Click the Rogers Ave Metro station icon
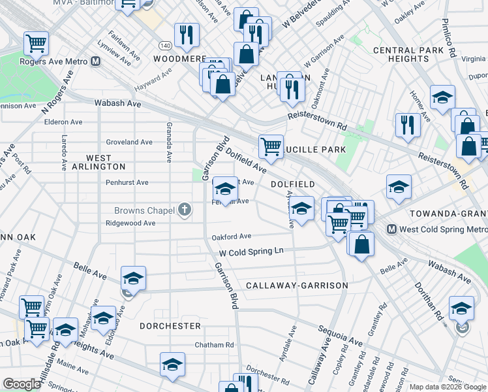coord(96,62)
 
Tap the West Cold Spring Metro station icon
coord(391,229)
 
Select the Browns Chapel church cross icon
coord(185,210)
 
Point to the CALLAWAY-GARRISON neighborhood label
coord(297,286)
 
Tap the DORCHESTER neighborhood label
coord(170,325)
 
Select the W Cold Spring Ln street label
coord(251,252)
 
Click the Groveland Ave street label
coord(129,142)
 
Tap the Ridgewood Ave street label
coord(130,223)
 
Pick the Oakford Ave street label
coord(231,237)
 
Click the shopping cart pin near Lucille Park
coord(271,146)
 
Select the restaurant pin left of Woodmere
coord(187,35)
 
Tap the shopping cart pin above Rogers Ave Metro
coord(36,43)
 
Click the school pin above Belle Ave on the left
coord(133,278)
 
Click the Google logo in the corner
coord(22,384)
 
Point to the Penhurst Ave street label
coord(127,183)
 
